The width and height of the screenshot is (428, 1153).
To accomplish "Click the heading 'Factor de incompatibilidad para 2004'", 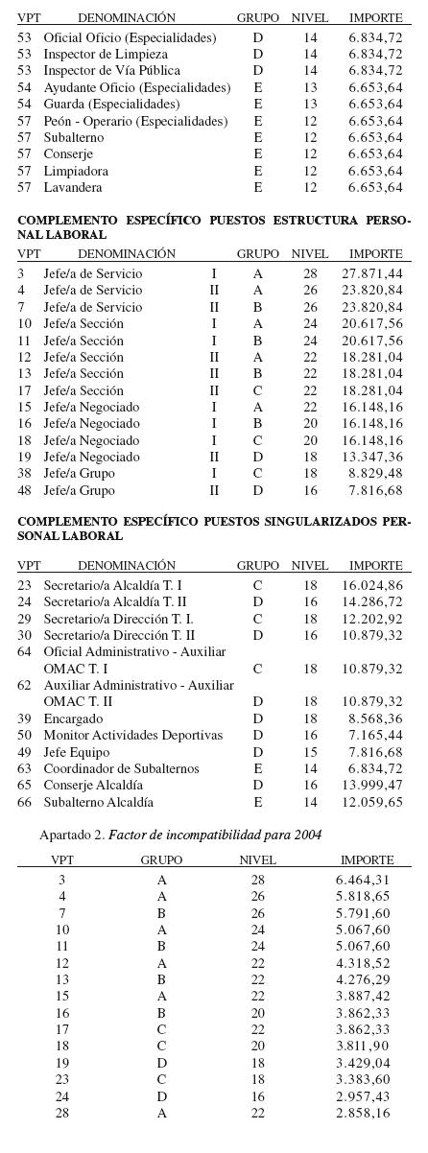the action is tap(215, 835).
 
